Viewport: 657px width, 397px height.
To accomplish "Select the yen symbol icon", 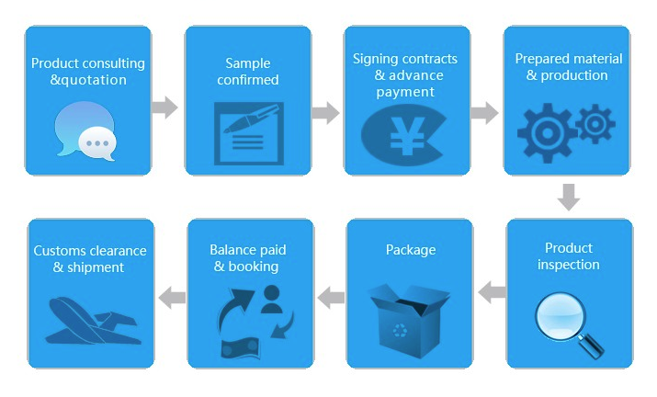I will coord(404,134).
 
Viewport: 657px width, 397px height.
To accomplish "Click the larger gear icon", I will coord(549,134).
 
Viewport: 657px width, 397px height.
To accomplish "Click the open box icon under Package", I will coord(409,312).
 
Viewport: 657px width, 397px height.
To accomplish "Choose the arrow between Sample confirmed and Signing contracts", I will coord(325,113).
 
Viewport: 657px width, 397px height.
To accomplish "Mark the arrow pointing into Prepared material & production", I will coord(484,113).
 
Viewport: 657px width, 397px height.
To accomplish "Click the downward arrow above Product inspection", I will coord(569,197).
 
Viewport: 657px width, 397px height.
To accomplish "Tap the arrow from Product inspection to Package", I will coord(492,293).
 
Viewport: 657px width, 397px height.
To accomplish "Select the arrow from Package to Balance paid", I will coord(331,296).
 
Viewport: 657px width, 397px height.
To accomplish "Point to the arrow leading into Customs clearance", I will coord(172,296).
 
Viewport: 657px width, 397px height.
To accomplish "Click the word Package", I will coord(411,250).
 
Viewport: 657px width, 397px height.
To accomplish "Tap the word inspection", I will coord(569,265).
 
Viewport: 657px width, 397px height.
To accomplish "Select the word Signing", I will coord(377,59).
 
